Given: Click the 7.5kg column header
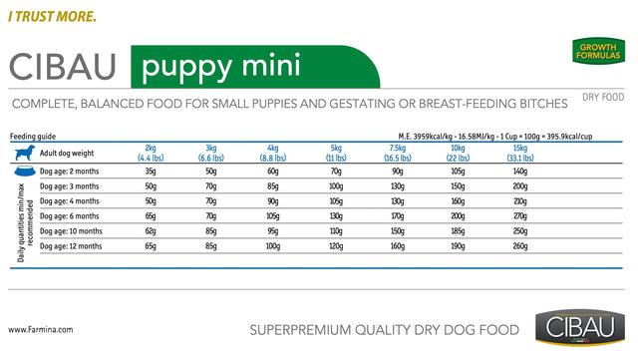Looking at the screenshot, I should point(398,153).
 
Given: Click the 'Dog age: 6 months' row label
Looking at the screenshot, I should point(70,215).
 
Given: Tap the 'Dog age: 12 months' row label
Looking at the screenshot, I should point(71,245).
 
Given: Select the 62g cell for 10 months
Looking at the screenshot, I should point(151,230).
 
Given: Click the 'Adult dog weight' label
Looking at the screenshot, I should point(69,153).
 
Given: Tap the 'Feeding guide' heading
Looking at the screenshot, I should point(33,135).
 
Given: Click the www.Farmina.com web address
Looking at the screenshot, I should point(40,328).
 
